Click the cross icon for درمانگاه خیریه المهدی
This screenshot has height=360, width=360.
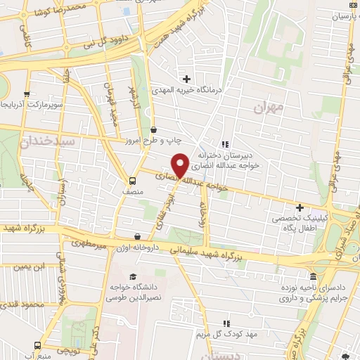tap(186, 79)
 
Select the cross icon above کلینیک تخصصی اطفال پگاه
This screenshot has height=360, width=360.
tap(300, 208)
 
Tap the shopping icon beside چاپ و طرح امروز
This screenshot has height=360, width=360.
tap(154, 129)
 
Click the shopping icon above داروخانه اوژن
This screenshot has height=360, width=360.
tap(137, 237)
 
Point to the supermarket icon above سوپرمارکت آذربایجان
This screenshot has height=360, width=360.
tap(26, 94)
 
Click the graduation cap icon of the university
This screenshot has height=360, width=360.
tap(134, 276)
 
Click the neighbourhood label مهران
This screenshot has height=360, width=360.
tap(269, 108)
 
